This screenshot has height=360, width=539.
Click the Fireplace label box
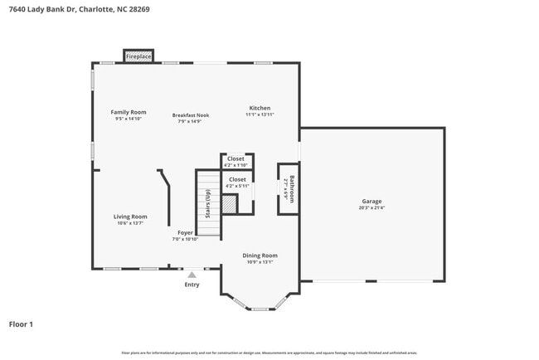(x=138, y=56)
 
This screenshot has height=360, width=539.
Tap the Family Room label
(x=129, y=112)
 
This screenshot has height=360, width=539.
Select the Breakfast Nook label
(x=191, y=115)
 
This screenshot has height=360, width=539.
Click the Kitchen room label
(x=260, y=108)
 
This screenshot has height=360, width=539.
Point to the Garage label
(x=371, y=202)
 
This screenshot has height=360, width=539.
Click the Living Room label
(x=130, y=216)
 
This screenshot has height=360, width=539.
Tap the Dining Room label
(x=260, y=255)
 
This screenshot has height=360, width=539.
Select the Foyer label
(x=185, y=233)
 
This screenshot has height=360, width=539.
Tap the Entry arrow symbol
(x=192, y=274)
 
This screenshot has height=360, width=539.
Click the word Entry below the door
(x=192, y=285)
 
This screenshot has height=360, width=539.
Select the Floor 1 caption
(x=21, y=324)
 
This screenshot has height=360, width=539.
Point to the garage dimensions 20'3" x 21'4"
(x=371, y=208)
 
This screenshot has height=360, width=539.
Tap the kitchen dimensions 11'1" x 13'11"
(x=260, y=114)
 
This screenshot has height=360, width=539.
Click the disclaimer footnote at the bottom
(x=269, y=353)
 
